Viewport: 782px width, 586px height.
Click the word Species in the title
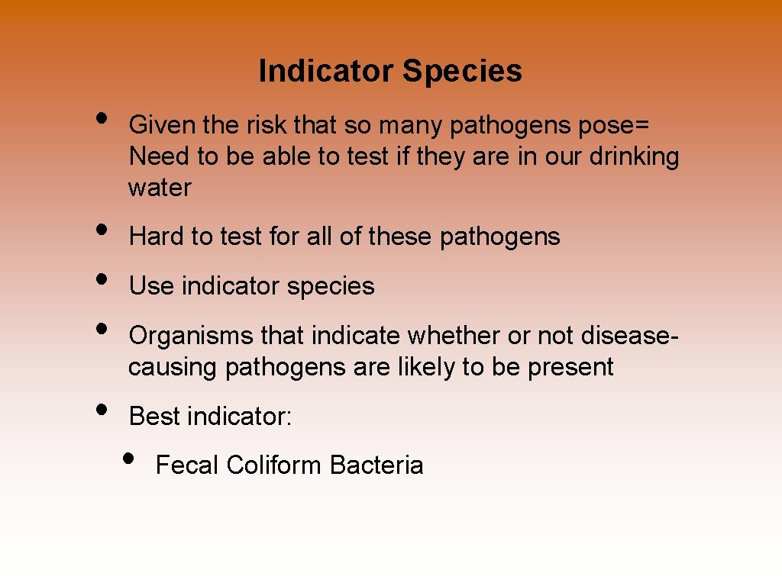(462, 71)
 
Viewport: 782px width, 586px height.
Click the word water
(160, 188)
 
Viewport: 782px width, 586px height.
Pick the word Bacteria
(376, 465)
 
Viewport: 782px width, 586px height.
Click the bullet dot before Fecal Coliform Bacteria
(128, 459)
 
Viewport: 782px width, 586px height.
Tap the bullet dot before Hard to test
(101, 230)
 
